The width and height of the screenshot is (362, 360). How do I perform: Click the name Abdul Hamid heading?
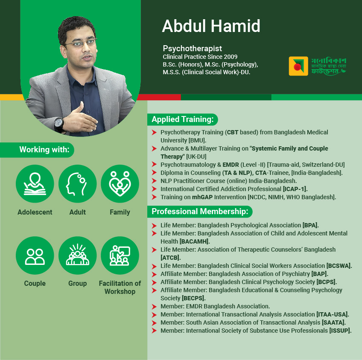point(211,26)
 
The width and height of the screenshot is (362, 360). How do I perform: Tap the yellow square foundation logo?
point(298,66)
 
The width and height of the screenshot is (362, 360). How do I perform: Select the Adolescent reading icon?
point(35,183)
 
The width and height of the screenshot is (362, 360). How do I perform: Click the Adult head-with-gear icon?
point(78,183)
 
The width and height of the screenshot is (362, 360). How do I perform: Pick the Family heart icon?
point(120,183)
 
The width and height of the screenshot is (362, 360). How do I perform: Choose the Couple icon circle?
point(35,255)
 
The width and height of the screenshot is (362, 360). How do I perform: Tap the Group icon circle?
point(78,255)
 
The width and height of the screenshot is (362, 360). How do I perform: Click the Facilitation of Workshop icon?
point(120,255)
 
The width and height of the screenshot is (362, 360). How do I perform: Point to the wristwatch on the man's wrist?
point(59,125)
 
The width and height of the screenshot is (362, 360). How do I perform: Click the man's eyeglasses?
point(81,43)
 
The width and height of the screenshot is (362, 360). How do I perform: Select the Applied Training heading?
point(183,119)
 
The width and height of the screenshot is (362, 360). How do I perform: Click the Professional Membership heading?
point(200,212)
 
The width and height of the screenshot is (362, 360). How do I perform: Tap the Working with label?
point(44,150)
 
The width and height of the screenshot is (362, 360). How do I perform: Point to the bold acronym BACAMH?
point(195,241)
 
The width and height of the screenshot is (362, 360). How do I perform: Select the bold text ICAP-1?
point(295,189)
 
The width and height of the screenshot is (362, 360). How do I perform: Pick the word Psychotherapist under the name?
point(192,49)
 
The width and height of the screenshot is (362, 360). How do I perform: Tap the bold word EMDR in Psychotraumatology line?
point(231,165)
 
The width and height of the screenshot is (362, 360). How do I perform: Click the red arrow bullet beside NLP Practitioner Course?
point(154,181)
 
